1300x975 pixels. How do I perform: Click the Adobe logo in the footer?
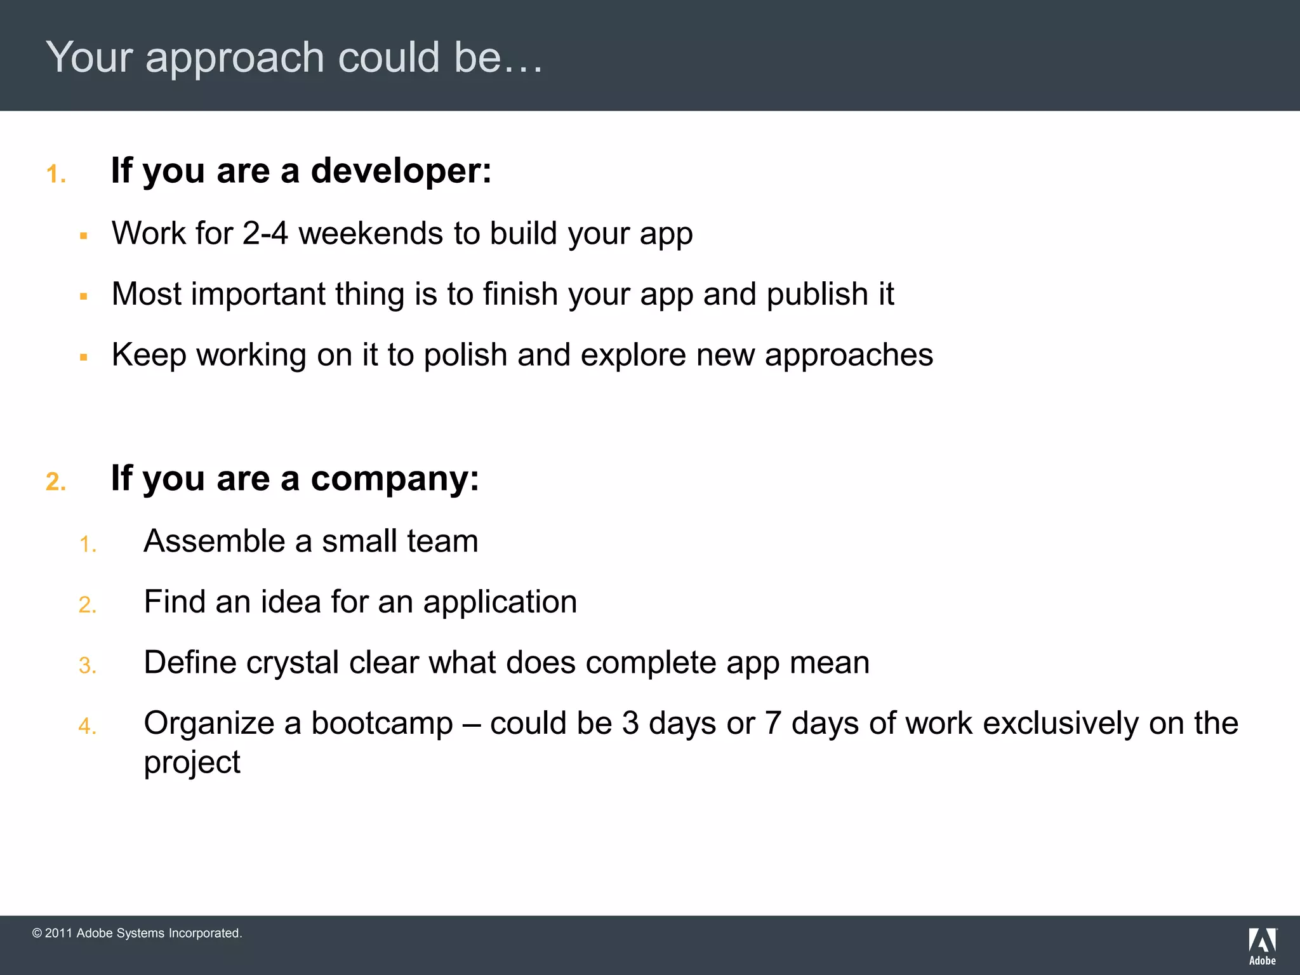[x=1262, y=946]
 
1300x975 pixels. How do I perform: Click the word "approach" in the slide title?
[x=235, y=59]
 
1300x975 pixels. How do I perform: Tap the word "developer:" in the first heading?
[x=401, y=171]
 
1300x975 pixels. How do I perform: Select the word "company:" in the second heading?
[x=395, y=479]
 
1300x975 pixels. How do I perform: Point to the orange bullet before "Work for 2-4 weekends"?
[x=83, y=236]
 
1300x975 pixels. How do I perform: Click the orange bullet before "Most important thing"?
[x=83, y=296]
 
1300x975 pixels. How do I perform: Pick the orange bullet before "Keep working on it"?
[x=83, y=357]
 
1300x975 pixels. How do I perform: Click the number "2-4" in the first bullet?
[x=265, y=233]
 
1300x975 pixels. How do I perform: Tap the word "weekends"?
[x=371, y=233]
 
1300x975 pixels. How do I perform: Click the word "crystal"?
[x=293, y=663]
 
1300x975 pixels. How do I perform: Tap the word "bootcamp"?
[x=382, y=724]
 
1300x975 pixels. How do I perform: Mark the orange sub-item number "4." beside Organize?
[x=88, y=726]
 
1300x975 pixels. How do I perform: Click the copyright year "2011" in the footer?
[x=58, y=933]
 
